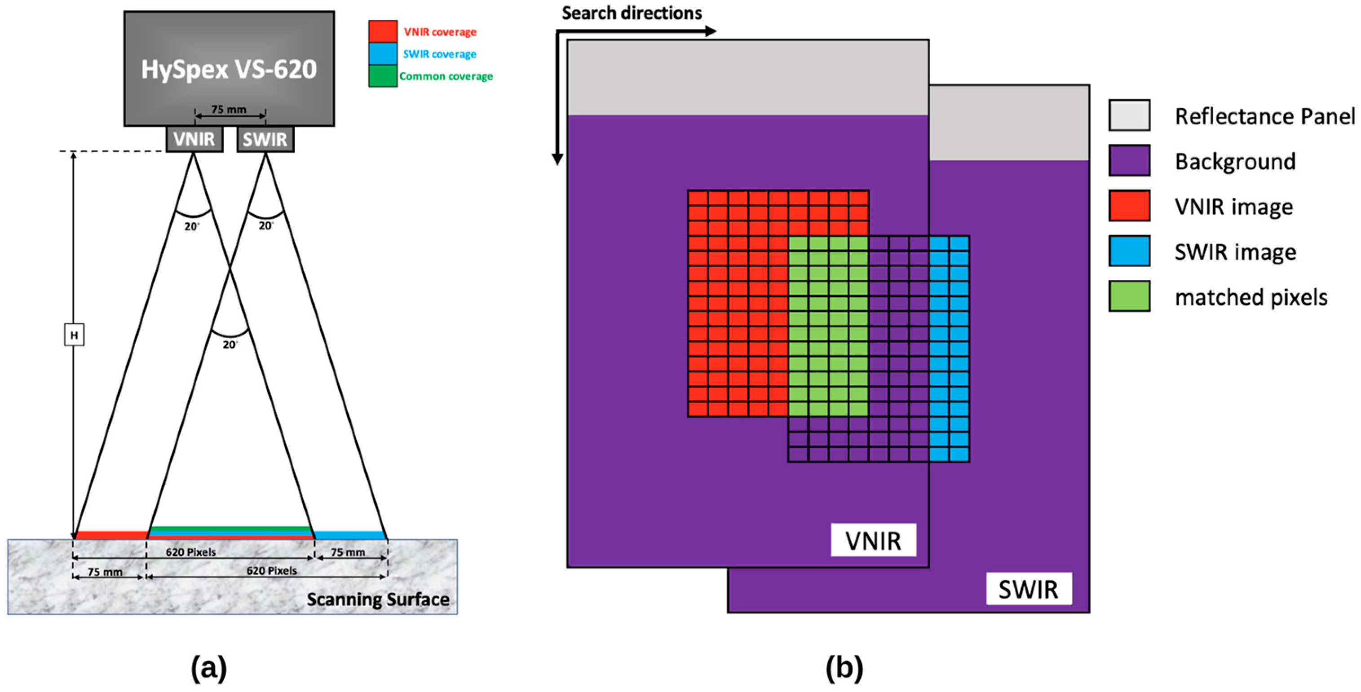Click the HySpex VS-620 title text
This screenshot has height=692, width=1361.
pos(229,69)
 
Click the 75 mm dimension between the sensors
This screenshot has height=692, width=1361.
pos(229,110)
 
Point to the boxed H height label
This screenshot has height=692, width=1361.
pos(74,335)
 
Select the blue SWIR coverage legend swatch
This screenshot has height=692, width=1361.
pos(383,54)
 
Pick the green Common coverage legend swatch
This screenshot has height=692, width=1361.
pos(383,76)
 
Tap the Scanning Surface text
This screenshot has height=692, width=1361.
pos(378,599)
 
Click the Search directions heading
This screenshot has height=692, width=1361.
pos(632,13)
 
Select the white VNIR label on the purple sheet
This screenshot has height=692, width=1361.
pos(873,540)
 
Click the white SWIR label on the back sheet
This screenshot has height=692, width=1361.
pos(1028,590)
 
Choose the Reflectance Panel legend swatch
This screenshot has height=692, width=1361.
pos(1129,115)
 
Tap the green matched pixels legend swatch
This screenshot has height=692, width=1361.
pos(1129,296)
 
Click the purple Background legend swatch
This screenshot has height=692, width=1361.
pos(1129,161)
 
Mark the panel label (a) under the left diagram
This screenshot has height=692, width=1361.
pos(209,668)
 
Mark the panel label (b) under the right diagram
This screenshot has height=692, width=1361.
pos(844,668)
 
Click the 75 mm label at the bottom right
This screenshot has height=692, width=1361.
pos(348,552)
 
